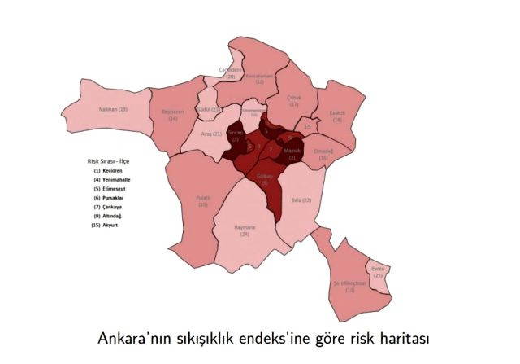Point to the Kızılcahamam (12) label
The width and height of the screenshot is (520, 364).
point(259,79)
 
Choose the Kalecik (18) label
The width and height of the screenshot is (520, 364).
point(336,116)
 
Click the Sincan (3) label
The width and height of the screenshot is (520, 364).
point(235,136)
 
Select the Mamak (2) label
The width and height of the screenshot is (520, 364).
point(292,154)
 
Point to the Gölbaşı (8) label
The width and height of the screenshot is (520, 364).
point(265,180)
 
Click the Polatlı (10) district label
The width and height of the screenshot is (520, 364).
point(202,201)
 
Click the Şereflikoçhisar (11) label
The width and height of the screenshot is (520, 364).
point(349,286)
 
